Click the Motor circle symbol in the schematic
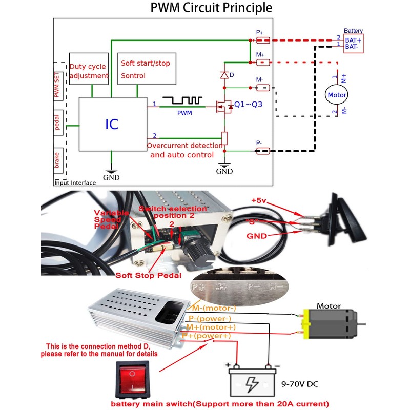[x=337, y=95]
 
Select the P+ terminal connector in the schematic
[x=263, y=40]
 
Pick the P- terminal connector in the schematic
[x=263, y=151]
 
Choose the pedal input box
[x=57, y=124]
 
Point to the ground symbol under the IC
[x=111, y=172]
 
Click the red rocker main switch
[x=133, y=380]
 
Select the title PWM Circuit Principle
[x=211, y=8]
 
